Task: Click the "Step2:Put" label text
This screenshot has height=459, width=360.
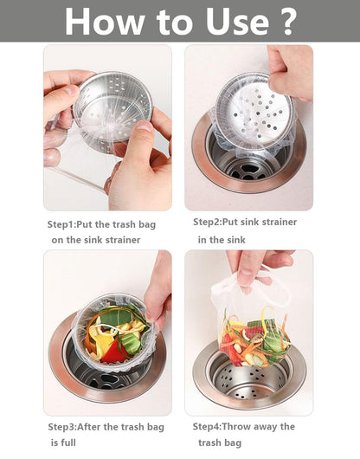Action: [x=220, y=222]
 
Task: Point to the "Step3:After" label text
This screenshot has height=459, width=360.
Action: [x=76, y=426]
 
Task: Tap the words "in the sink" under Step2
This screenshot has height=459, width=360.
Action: [x=222, y=239]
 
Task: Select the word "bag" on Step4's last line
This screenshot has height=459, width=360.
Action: [x=233, y=443]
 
